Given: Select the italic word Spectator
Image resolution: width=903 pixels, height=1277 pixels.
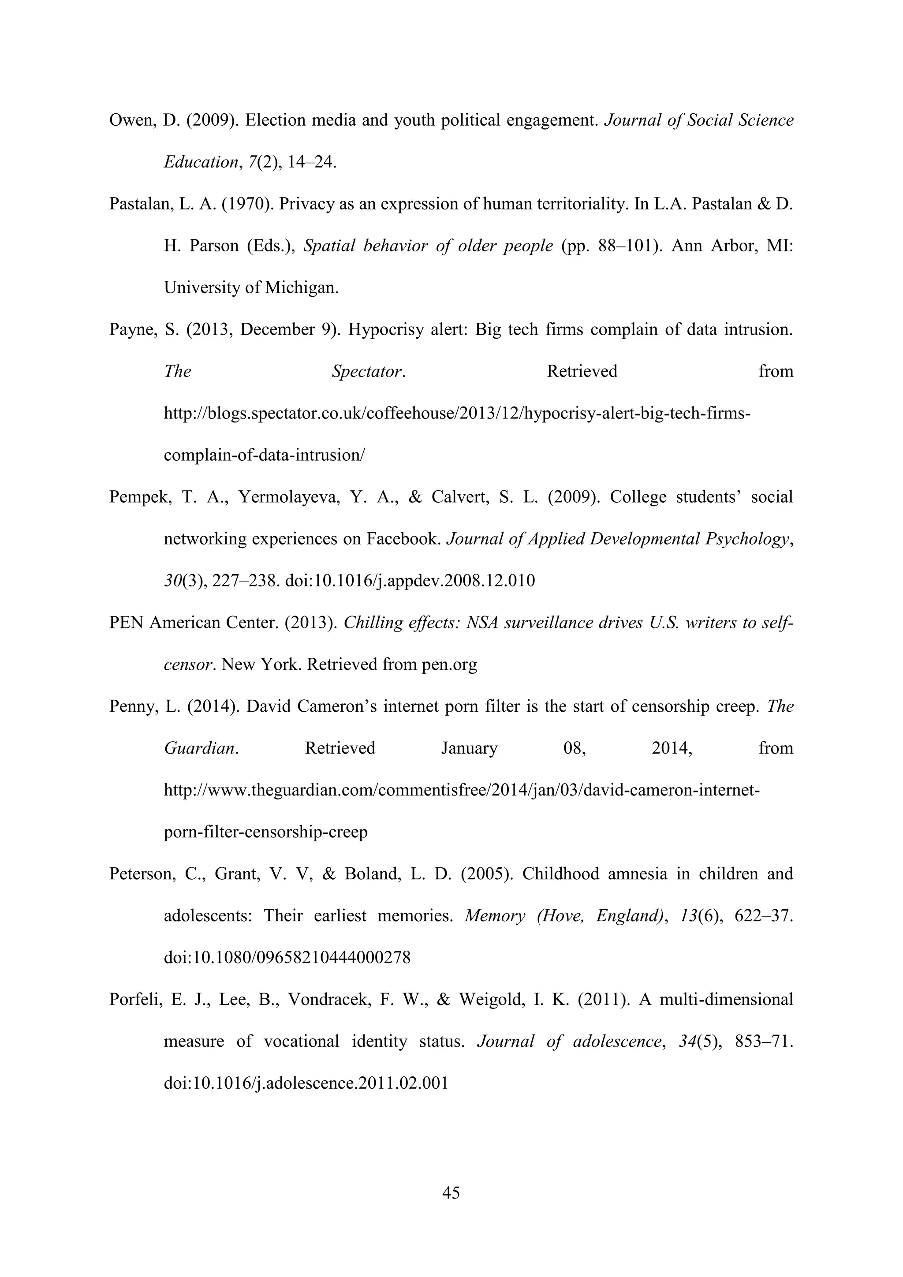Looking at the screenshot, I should (x=367, y=372).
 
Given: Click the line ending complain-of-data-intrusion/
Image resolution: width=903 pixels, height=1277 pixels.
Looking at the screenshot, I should (x=264, y=455).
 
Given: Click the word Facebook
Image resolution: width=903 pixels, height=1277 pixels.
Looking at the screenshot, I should (x=404, y=539).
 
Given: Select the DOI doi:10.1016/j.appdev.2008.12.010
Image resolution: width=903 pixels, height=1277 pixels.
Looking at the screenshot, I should (x=410, y=581).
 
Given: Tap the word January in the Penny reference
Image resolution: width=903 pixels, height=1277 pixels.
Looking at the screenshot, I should (x=469, y=749).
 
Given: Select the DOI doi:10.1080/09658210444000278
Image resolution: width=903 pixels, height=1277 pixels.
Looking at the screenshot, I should (x=287, y=958).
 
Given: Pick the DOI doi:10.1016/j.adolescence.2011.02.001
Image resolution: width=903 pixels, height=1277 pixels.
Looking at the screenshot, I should (x=306, y=1083).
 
